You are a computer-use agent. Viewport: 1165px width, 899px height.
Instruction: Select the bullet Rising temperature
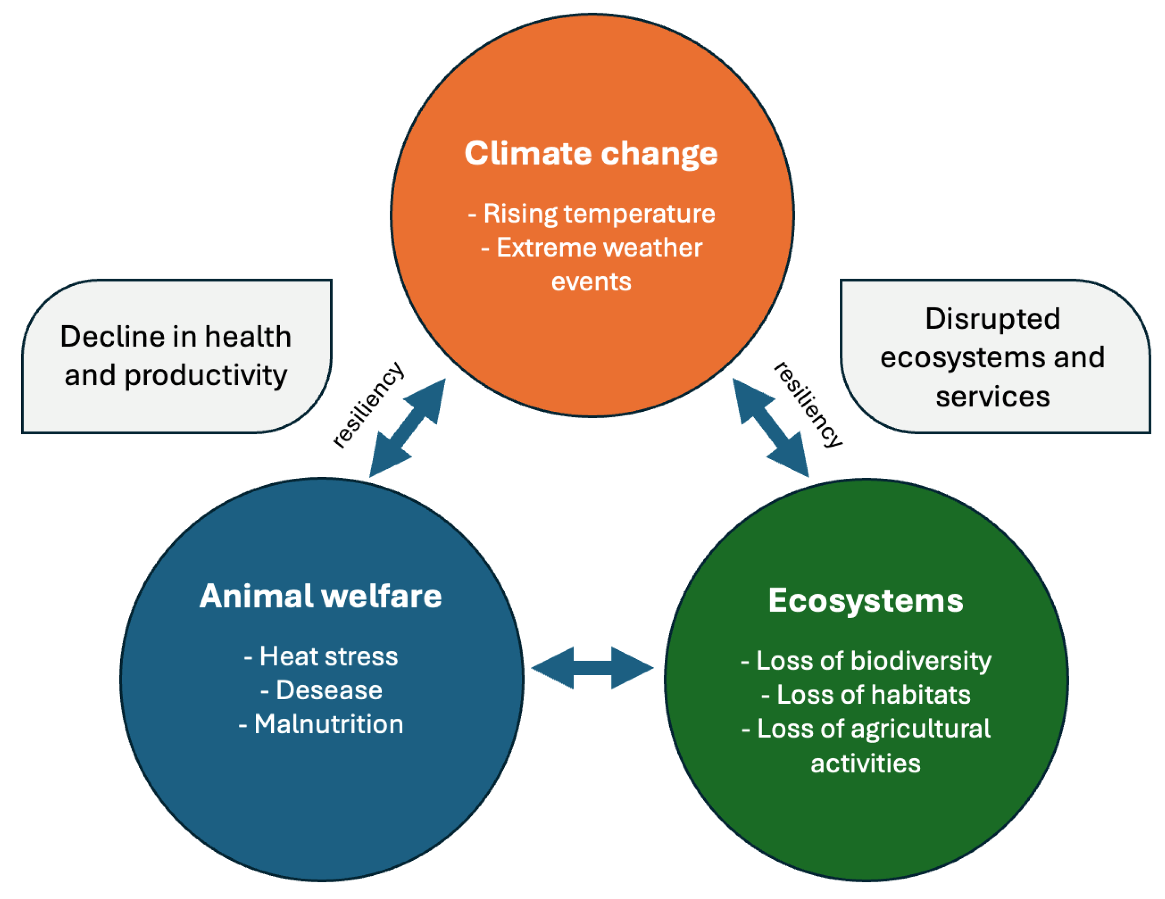[592, 214]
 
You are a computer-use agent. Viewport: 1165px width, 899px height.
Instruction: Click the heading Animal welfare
[321, 596]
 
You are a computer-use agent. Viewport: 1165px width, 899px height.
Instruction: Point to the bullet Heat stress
[321, 656]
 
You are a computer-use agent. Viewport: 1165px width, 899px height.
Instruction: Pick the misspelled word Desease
[329, 690]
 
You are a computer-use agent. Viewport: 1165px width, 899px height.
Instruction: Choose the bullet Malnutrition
[321, 724]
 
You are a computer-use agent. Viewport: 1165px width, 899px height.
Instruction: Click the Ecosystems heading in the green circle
[866, 601]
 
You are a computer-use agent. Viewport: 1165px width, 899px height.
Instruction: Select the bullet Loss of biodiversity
[866, 661]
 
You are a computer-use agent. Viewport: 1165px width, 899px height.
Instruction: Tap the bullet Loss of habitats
[866, 695]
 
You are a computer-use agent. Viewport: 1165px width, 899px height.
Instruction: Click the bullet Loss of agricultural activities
[866, 746]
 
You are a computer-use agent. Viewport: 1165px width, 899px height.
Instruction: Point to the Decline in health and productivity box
[177, 357]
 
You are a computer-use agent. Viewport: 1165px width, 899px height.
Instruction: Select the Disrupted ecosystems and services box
[995, 357]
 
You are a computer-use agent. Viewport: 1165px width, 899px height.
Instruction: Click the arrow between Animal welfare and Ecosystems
[592, 668]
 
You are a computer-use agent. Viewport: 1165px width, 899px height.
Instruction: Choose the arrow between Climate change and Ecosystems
[771, 428]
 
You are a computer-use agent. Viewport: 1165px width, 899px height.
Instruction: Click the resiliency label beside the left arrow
[368, 405]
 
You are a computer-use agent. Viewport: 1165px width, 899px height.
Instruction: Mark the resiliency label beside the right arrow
[808, 405]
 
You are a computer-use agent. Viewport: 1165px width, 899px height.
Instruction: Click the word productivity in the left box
[206, 376]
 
